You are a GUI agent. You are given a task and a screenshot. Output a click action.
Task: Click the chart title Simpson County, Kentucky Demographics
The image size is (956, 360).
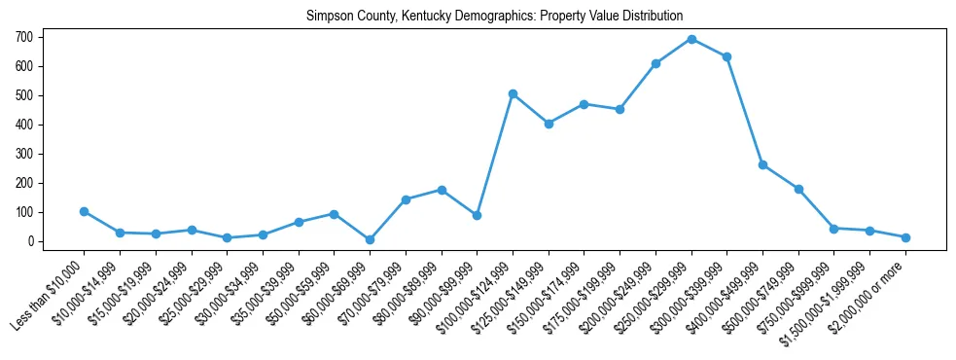pyautogui.click(x=494, y=16)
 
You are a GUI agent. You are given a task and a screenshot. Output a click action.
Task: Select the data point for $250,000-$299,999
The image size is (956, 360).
pyautogui.click(x=691, y=39)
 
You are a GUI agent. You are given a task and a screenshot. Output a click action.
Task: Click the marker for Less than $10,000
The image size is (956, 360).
pyautogui.click(x=85, y=211)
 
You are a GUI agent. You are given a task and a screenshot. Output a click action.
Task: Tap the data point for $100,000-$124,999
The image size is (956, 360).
pyautogui.click(x=513, y=93)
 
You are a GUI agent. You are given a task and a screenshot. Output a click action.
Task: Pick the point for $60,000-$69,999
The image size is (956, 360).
pyautogui.click(x=370, y=239)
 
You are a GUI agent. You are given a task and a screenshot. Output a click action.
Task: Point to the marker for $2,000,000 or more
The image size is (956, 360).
pyautogui.click(x=905, y=237)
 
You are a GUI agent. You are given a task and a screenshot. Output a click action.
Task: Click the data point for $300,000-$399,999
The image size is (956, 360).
pyautogui.click(x=726, y=56)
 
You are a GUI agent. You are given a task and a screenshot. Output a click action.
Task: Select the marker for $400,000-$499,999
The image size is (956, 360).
pyautogui.click(x=762, y=164)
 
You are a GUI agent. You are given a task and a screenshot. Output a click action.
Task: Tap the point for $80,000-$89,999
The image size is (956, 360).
pyautogui.click(x=442, y=190)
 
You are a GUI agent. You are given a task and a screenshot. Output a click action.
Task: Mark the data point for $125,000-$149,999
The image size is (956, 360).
pyautogui.click(x=549, y=124)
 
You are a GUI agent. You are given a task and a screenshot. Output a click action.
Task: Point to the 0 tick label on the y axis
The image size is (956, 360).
pyautogui.click(x=32, y=241)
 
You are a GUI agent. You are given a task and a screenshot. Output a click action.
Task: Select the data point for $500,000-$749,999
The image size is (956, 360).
pyautogui.click(x=798, y=189)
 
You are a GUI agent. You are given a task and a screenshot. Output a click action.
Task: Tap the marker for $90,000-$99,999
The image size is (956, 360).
pyautogui.click(x=477, y=215)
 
